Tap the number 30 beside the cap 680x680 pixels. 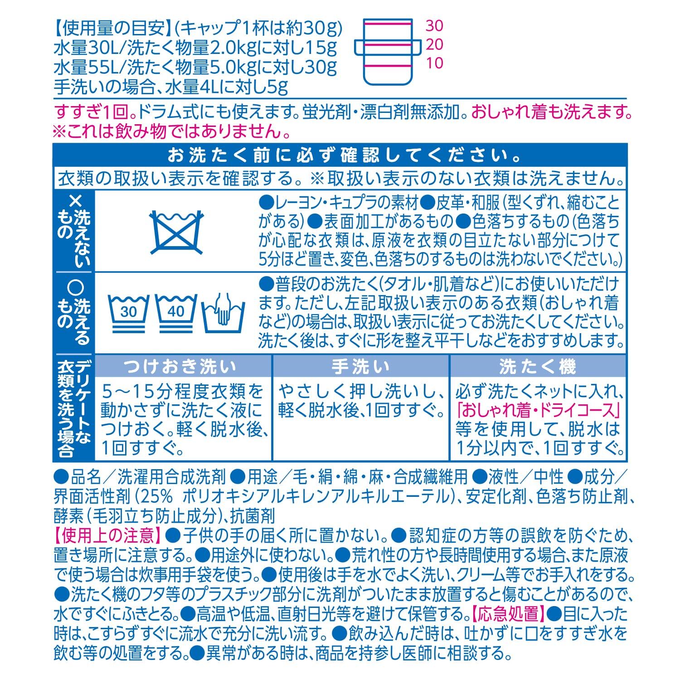click(434, 25)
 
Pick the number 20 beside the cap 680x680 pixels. click(434, 44)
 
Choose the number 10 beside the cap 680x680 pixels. click(434, 63)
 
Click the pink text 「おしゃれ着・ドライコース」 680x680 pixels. click(537, 410)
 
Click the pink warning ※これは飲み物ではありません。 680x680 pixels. click(172, 132)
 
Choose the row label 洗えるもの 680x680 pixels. click(74, 311)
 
